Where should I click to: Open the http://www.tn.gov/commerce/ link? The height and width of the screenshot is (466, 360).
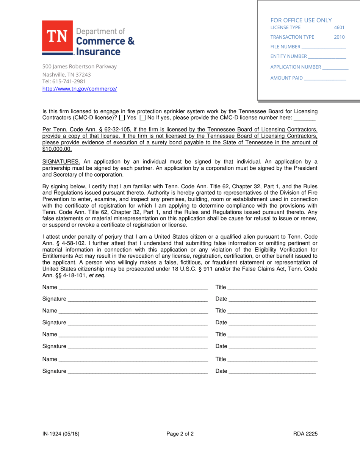[x=80, y=89]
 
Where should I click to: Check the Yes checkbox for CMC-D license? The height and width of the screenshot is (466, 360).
[x=122, y=118]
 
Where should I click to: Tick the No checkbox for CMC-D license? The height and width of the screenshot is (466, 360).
[x=142, y=118]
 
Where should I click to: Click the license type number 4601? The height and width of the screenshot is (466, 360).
[x=339, y=28]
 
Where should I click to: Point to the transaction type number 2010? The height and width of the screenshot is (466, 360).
[x=339, y=37]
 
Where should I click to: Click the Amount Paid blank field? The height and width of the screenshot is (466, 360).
[x=325, y=79]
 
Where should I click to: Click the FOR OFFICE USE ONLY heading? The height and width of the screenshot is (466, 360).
[x=301, y=20]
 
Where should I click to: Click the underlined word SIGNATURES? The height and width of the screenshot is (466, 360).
[x=61, y=162]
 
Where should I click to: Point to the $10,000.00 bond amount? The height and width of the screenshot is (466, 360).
[x=57, y=149]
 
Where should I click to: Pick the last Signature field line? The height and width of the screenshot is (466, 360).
[x=137, y=372]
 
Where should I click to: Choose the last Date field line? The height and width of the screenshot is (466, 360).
[x=272, y=372]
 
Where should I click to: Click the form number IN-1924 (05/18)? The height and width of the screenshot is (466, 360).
[x=61, y=434]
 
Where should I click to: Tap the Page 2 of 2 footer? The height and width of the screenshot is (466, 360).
[x=180, y=434]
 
